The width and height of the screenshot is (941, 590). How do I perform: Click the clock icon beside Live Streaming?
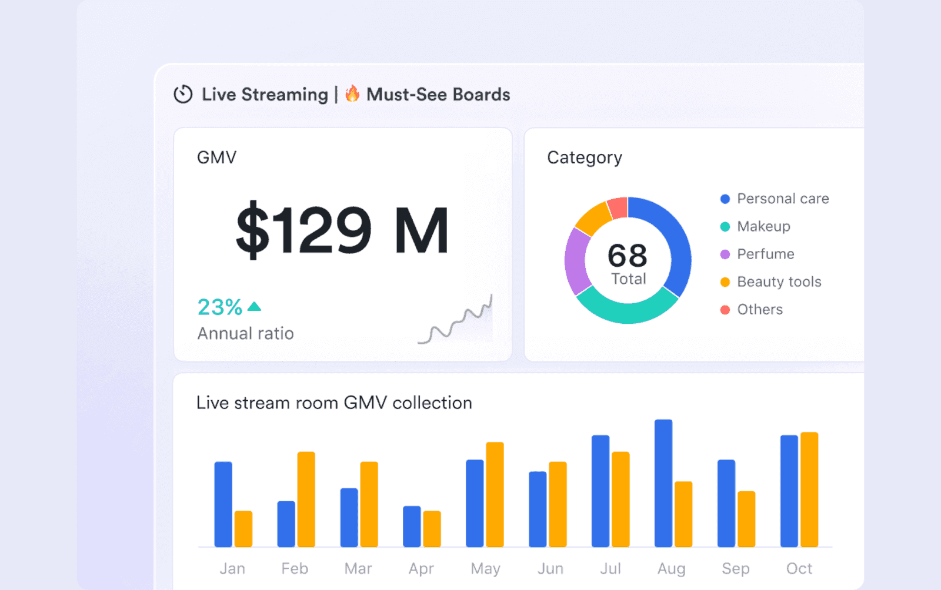(x=183, y=94)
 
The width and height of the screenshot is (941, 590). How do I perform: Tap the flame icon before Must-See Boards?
(x=352, y=93)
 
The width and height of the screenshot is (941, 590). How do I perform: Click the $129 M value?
(x=342, y=230)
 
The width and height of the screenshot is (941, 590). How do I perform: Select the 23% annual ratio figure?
(x=219, y=307)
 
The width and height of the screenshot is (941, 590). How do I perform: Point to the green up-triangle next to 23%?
(x=254, y=306)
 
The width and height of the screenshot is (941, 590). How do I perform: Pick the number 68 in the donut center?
(x=628, y=256)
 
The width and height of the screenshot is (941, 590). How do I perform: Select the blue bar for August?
(x=663, y=483)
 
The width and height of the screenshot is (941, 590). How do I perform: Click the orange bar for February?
(x=306, y=499)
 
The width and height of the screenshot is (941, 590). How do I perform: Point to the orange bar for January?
(x=243, y=528)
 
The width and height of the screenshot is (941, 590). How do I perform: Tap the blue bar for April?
(x=412, y=526)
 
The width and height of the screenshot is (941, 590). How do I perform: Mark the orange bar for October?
(x=809, y=489)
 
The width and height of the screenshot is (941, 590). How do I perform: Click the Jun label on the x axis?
(x=550, y=568)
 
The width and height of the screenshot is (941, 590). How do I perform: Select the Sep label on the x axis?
(x=736, y=568)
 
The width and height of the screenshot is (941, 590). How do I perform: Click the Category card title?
(x=584, y=157)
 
